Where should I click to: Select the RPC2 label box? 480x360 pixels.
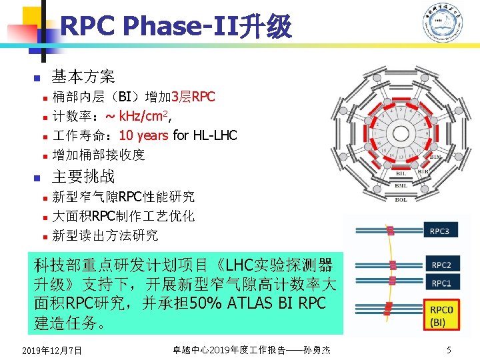(441, 265)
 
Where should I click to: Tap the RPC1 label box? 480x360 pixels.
(441, 283)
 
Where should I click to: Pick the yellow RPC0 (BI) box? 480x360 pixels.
(442, 315)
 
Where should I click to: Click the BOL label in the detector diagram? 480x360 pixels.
(401, 199)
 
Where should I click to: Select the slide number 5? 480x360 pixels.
(449, 350)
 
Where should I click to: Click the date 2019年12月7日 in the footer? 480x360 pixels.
(51, 351)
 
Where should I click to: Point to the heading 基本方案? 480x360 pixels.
(83, 77)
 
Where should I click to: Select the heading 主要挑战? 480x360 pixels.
(83, 177)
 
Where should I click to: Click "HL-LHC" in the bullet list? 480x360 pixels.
(215, 135)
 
